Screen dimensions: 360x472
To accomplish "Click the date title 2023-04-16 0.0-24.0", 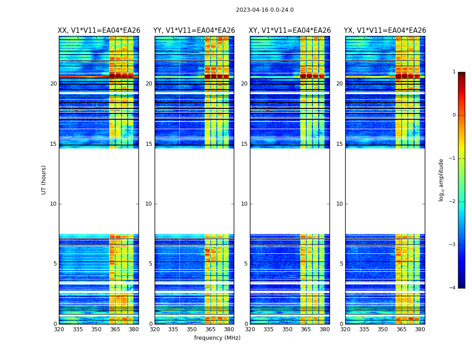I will (265, 10).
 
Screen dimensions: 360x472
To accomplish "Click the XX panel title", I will (99, 31).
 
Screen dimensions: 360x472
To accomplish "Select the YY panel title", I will (194, 31).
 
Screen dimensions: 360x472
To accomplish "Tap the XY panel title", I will (290, 31).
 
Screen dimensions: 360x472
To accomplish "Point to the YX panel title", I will (385, 31).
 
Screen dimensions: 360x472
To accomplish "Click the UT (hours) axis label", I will (44, 180).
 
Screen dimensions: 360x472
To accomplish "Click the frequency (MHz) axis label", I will (217, 338).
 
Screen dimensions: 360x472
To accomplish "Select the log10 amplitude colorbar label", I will (441, 180).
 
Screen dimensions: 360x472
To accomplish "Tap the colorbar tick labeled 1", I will (454, 72).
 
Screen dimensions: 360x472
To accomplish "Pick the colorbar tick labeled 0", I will (454, 115).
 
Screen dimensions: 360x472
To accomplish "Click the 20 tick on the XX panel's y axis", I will (53, 84).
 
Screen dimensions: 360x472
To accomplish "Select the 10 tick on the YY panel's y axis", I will (149, 204).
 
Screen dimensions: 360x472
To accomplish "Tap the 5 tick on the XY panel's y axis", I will (246, 264).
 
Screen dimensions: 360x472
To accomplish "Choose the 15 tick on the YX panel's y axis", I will (339, 144).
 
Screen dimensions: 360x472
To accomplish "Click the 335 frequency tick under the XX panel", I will (78, 329).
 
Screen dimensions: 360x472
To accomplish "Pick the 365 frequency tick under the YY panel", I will (210, 329).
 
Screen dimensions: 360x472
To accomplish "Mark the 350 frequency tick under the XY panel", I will (287, 329).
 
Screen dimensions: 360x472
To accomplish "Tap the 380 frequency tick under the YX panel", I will (420, 329).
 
